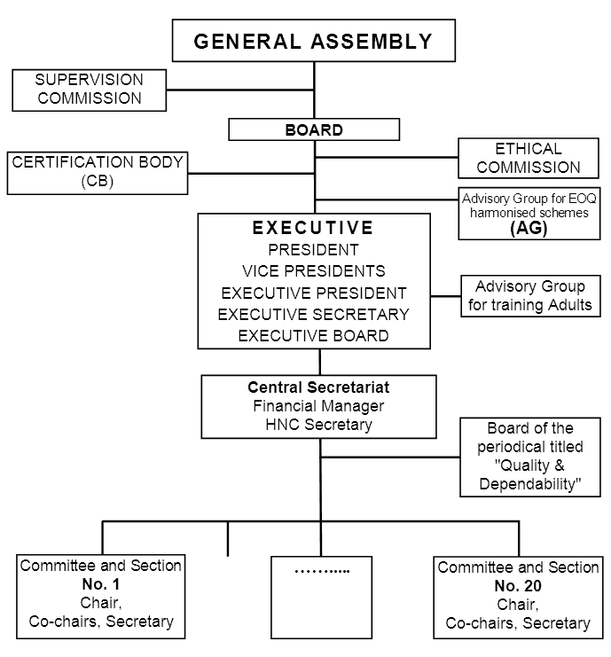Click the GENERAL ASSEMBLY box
(314, 41)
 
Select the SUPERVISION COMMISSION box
(89, 90)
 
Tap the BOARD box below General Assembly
(314, 130)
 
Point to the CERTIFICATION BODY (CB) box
(98, 172)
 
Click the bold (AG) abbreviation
(528, 228)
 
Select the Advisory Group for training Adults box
(529, 296)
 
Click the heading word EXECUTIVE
(313, 228)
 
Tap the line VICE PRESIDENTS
(313, 270)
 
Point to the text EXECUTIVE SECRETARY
(313, 314)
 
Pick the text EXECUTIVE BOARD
(313, 335)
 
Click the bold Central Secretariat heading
(318, 387)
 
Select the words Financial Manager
(318, 406)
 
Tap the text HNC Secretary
(318, 425)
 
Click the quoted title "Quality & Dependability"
(529, 474)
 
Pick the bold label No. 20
(518, 586)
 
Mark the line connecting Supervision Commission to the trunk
(240, 90)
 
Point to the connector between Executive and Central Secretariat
(319, 362)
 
